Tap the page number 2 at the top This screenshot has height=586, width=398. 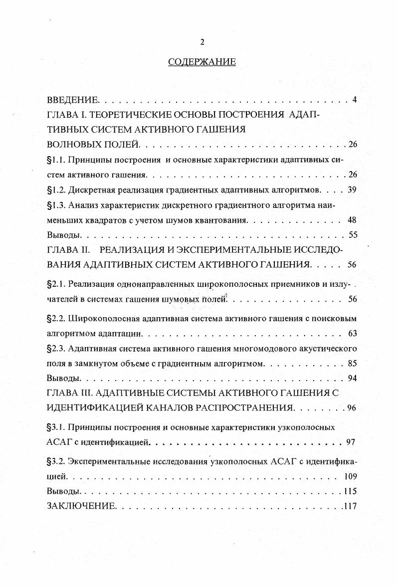pos(202,42)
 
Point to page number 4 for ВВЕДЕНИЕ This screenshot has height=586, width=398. pos(354,100)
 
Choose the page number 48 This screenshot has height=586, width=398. pos(352,220)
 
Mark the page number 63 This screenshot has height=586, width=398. pos(352,333)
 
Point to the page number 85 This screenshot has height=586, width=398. pos(352,363)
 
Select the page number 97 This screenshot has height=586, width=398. pos(351,442)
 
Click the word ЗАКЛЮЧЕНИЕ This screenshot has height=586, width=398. pos(81,506)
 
